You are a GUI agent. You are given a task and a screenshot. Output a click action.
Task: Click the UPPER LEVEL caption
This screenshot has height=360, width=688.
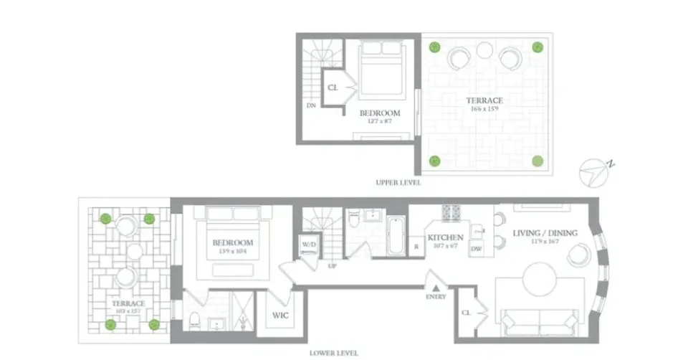398,183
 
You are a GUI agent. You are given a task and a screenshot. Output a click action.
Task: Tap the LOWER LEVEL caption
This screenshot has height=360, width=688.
330,353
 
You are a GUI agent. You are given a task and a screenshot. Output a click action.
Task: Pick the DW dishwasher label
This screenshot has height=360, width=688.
476,248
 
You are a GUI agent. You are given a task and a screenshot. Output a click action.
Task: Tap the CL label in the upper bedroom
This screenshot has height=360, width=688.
333,87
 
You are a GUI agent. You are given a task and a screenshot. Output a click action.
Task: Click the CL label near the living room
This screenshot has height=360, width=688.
466,313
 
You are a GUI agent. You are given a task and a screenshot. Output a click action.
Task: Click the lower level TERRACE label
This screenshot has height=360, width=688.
128,303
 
